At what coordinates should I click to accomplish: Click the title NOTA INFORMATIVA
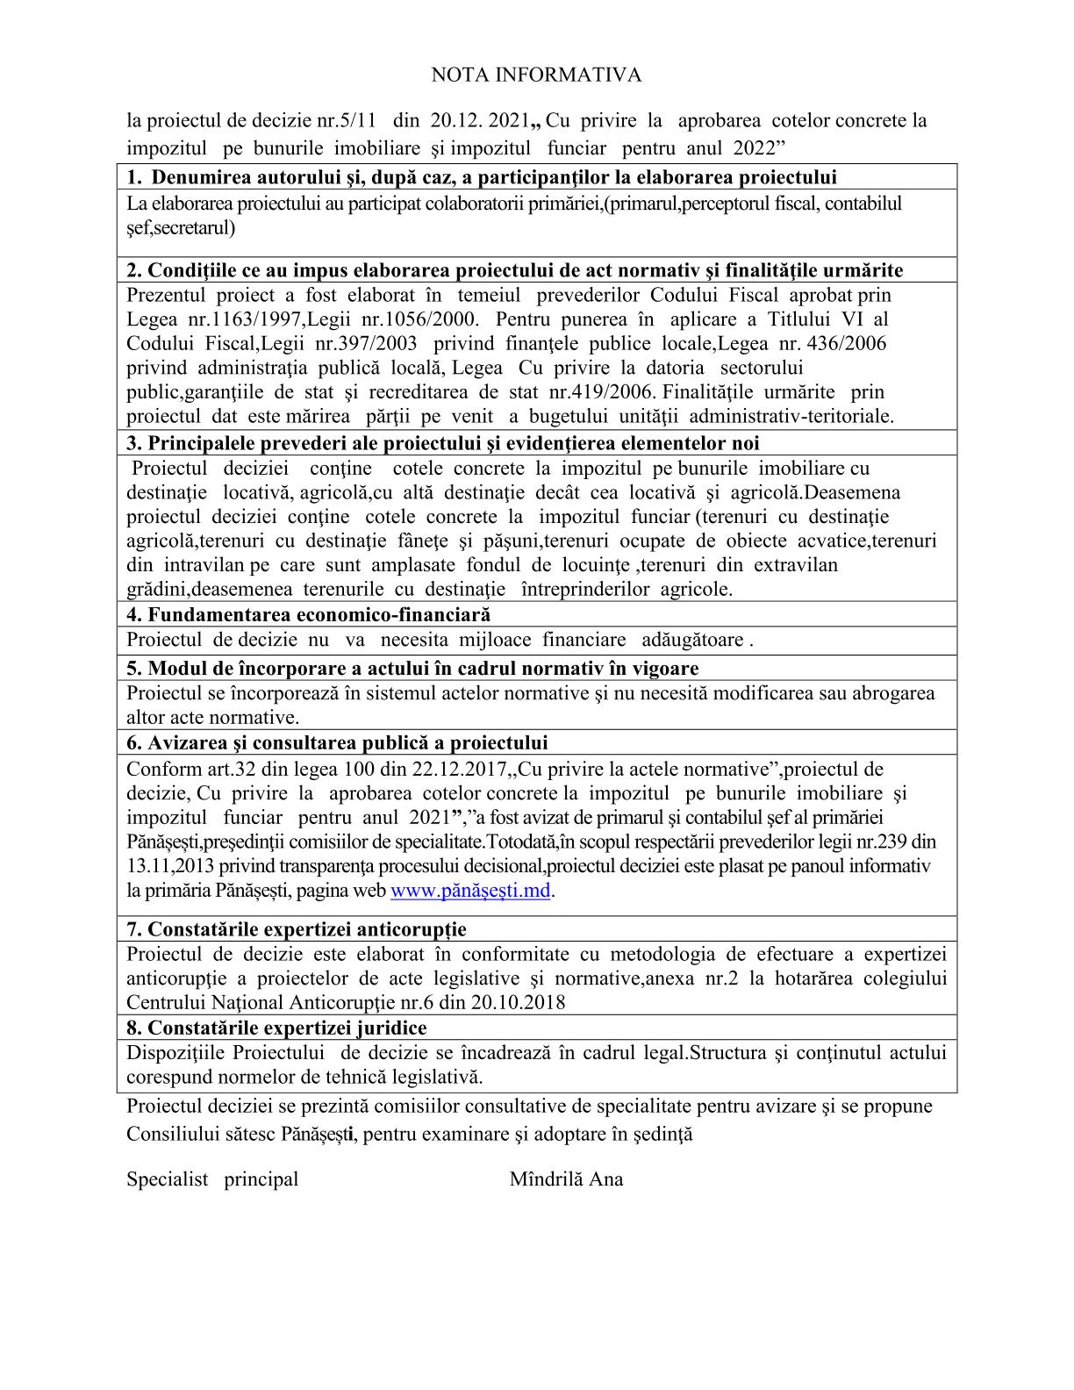point(536,75)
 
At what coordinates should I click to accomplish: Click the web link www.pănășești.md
point(470,891)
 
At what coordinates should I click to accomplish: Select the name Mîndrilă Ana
point(566,1179)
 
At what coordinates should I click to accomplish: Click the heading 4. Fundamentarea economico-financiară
point(309,614)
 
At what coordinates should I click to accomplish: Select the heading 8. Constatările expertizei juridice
point(277,1028)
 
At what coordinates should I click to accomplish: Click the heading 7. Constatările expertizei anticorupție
point(297,929)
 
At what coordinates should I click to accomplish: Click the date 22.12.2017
point(460,770)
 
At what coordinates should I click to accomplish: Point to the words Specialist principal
point(212,1179)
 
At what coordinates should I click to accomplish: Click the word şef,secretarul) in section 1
point(181,228)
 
